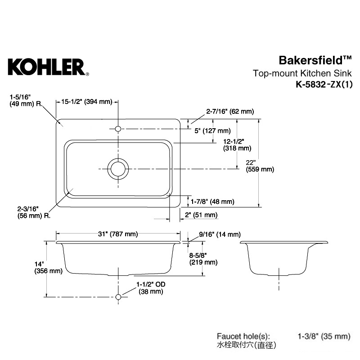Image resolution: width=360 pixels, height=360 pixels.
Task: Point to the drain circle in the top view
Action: pos(118,169)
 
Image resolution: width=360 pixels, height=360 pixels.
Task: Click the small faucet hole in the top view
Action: pos(118,129)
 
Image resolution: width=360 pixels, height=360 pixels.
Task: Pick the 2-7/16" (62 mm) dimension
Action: pos(230,111)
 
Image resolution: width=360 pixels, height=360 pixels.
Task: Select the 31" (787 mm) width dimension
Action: pos(118,234)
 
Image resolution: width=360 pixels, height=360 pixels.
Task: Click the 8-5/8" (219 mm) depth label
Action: pos(203,258)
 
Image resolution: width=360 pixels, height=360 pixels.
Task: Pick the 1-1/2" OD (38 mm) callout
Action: pos(149,288)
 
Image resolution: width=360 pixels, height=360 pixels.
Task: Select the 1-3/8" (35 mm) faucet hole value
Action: pos(324,336)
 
